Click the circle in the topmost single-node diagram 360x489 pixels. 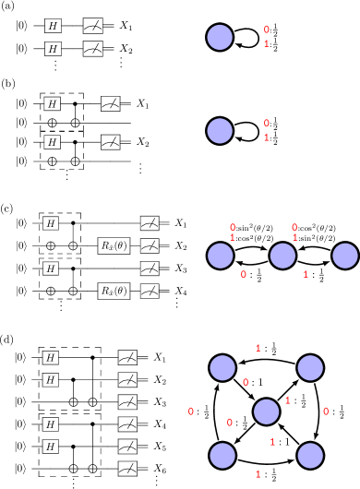pos(220,37)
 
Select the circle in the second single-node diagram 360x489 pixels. pos(220,131)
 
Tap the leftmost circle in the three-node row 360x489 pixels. pos(221,256)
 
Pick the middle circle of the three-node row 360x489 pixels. pos(282,256)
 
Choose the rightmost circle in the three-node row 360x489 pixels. pos(345,256)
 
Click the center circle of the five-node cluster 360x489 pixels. pos(266,411)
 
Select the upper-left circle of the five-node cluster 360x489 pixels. pos(222,368)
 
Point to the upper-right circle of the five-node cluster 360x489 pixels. pos(310,368)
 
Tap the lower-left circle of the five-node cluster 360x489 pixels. pos(222,456)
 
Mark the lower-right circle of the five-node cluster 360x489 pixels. pos(310,456)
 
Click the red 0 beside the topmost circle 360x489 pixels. pos(267,30)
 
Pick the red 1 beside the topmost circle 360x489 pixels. pos(267,43)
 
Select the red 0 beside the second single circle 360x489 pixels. pos(267,124)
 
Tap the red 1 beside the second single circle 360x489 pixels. pos(267,137)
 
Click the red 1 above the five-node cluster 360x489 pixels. pos(258,348)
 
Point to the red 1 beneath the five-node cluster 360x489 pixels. pos(258,473)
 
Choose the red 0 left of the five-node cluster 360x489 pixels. pos(191,411)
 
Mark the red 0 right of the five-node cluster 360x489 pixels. pos(326,411)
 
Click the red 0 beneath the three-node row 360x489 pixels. pos(244,274)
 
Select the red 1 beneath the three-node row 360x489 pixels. pos(306,274)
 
